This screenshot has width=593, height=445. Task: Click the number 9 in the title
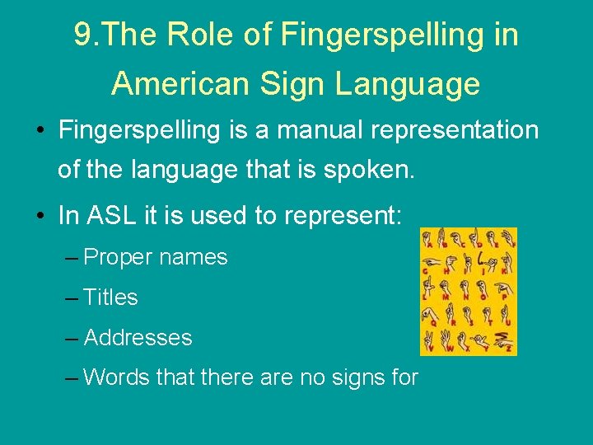[x=82, y=35]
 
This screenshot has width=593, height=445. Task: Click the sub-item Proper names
[x=156, y=257]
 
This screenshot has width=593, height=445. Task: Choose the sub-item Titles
[x=111, y=297]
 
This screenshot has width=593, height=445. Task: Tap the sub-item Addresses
[x=138, y=338]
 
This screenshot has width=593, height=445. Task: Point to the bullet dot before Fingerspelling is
[x=40, y=131]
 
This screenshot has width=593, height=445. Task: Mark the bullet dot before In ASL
[x=40, y=217]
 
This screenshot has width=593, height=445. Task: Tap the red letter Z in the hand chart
[x=511, y=349]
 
